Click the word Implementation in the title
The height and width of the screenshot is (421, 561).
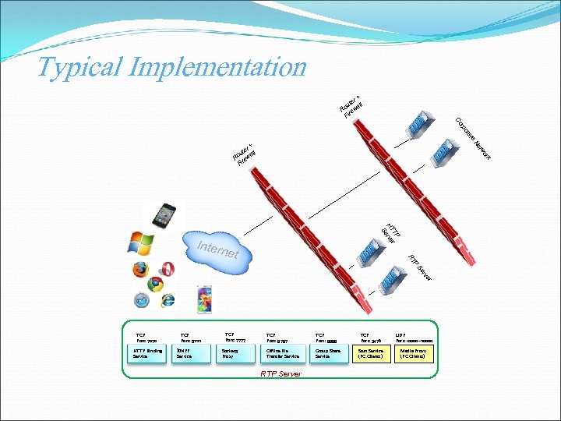[217, 67]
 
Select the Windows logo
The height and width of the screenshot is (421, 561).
[141, 244]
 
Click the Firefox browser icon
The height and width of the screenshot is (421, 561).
[140, 270]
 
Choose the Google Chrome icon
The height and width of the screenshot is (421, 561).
[155, 284]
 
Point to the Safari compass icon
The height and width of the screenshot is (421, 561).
[140, 300]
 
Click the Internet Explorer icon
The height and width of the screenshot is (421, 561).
[168, 300]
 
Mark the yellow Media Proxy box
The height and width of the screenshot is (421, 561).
[414, 353]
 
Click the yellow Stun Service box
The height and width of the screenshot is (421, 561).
[372, 353]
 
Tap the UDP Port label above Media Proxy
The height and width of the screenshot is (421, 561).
[414, 337]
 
